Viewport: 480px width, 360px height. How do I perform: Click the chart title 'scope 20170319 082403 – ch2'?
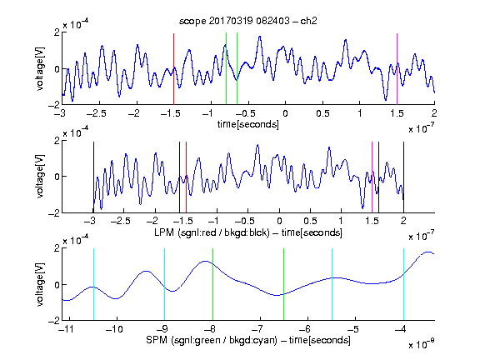[x=248, y=21]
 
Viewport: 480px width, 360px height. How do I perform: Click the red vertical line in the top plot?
[x=173, y=69]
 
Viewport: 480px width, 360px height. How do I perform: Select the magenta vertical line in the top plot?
[x=397, y=69]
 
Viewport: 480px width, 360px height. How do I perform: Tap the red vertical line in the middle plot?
[x=186, y=177]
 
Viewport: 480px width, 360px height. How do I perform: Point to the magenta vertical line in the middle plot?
[x=372, y=177]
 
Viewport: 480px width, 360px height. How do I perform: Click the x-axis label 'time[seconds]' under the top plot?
[x=248, y=124]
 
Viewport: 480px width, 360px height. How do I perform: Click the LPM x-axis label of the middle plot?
[x=248, y=232]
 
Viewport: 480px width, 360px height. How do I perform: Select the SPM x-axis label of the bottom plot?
[x=248, y=340]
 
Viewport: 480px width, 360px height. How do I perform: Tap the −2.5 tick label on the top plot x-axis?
[x=97, y=113]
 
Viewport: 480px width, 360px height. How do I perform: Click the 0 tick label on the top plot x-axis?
[x=285, y=113]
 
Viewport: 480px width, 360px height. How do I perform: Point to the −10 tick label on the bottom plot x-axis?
[x=114, y=329]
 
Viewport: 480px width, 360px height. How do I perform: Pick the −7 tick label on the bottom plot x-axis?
[x=257, y=329]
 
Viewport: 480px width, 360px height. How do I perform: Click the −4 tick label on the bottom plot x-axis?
[x=401, y=329]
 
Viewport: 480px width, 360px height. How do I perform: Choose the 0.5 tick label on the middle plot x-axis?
[x=310, y=221]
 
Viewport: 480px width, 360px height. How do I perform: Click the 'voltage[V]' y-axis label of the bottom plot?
[x=40, y=284]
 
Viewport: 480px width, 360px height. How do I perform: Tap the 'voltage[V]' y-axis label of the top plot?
[x=40, y=68]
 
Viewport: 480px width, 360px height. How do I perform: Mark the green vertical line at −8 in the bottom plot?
[x=212, y=284]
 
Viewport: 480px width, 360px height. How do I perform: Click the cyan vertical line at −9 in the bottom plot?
[x=165, y=284]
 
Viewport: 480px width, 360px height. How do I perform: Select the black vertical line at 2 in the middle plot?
[x=403, y=177]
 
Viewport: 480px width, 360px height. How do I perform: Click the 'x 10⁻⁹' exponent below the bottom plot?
[x=422, y=344]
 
